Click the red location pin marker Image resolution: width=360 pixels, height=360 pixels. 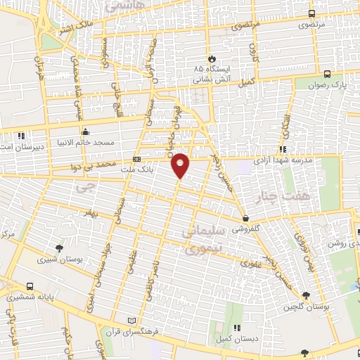pyautogui.click(x=181, y=165)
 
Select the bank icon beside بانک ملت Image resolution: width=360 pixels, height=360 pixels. pyautogui.click(x=136, y=160)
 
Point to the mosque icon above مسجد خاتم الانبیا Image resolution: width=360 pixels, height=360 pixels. pyautogui.click(x=86, y=131)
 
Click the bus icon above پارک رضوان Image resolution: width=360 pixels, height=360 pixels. pyautogui.click(x=328, y=74)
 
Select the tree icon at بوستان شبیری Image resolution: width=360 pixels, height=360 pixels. pyautogui.click(x=59, y=247)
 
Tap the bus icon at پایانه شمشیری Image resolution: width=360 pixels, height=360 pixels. pyautogui.click(x=30, y=286)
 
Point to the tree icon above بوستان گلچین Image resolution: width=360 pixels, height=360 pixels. pyautogui.click(x=304, y=296)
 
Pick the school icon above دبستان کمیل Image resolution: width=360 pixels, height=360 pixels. pyautogui.click(x=236, y=328)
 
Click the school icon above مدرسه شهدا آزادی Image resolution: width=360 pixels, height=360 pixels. pyautogui.click(x=283, y=149)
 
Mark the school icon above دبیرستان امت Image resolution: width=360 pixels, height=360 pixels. pyautogui.click(x=22, y=135)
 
